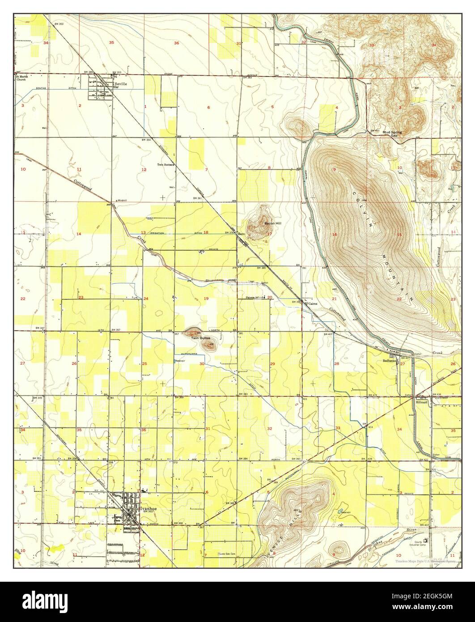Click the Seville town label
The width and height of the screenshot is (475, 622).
click(x=121, y=83)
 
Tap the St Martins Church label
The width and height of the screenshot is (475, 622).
click(x=22, y=78)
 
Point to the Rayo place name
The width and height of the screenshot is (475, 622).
click(x=242, y=234)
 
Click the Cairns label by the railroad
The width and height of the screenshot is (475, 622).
click(x=313, y=303)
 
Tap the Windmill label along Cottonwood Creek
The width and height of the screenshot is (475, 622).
click(x=122, y=200)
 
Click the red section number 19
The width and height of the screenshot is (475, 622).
click(x=206, y=298)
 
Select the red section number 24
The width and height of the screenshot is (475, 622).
click(x=146, y=298)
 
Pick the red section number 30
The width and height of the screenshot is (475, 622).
click(x=202, y=364)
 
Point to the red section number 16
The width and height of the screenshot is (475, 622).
click(x=334, y=234)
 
